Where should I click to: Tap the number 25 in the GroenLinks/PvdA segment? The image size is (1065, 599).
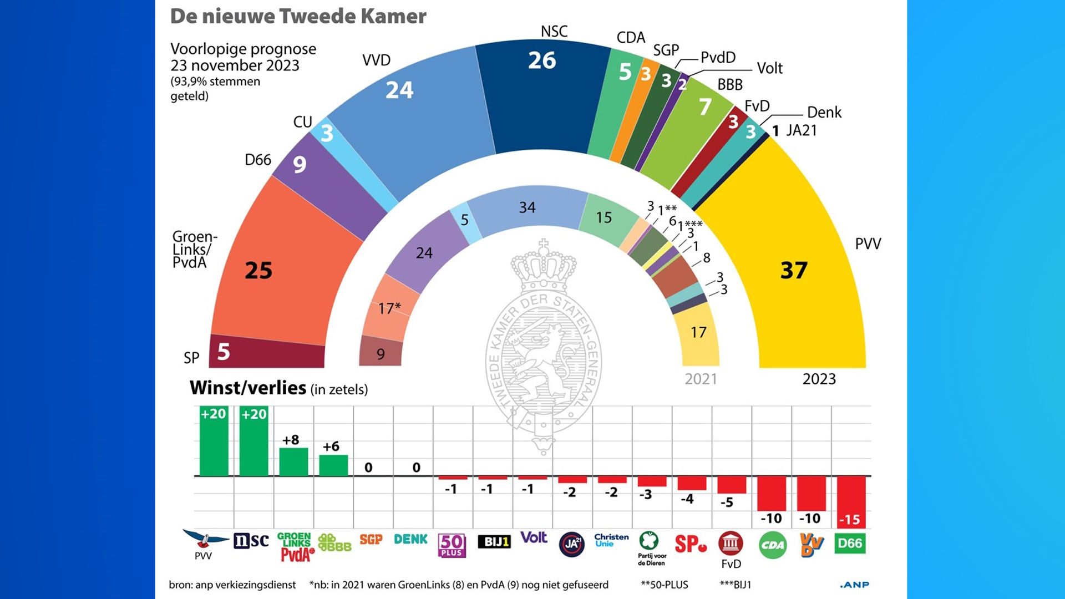coord(258,271)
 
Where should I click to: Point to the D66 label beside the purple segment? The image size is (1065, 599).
coord(258,160)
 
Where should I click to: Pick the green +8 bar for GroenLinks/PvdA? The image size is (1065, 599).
coord(293,461)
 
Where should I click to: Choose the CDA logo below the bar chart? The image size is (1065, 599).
coord(772,545)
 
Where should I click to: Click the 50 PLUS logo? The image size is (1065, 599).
coord(452,545)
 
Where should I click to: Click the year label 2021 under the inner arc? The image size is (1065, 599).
coord(701,379)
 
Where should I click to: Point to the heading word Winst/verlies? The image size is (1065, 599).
coord(248,388)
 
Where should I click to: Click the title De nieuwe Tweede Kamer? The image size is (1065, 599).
coord(298,16)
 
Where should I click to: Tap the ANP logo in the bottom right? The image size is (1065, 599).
coord(854,585)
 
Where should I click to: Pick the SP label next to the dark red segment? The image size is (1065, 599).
coord(191,358)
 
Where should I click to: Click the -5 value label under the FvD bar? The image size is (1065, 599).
coord(727,502)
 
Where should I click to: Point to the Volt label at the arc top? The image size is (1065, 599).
coord(769,68)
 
